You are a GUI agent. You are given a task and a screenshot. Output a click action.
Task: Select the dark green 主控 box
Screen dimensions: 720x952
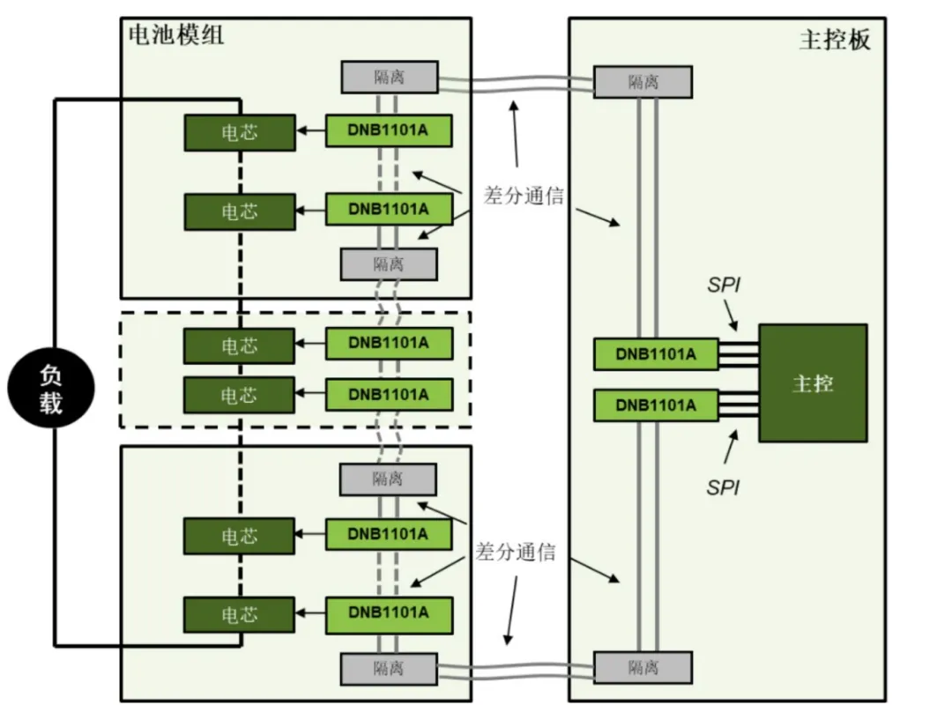pyautogui.click(x=813, y=382)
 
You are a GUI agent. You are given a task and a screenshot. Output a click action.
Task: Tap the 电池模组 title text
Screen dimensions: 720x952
pyautogui.click(x=176, y=34)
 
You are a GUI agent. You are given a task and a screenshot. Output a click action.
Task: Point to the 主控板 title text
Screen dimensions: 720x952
pyautogui.click(x=834, y=41)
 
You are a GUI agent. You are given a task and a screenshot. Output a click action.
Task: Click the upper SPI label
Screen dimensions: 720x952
pyautogui.click(x=724, y=286)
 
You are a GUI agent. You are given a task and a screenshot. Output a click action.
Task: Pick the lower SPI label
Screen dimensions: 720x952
pyautogui.click(x=723, y=487)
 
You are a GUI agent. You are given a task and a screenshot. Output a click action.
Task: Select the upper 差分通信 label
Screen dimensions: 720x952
pyautogui.click(x=523, y=196)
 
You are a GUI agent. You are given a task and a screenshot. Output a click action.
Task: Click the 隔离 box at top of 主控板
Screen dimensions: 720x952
pyautogui.click(x=643, y=82)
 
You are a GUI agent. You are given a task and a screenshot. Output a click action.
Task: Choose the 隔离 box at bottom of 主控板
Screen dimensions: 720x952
pyautogui.click(x=643, y=667)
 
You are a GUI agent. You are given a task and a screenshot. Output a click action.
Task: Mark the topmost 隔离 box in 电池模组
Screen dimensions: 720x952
pyautogui.click(x=389, y=77)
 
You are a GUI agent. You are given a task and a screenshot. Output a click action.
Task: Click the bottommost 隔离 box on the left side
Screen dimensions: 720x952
pyautogui.click(x=389, y=668)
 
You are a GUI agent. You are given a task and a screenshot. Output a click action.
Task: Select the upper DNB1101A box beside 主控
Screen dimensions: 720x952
pyautogui.click(x=656, y=354)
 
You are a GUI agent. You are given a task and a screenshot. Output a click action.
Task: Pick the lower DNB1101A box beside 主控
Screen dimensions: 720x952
pyautogui.click(x=656, y=405)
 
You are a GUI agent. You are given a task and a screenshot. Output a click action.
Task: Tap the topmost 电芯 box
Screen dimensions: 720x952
pyautogui.click(x=239, y=132)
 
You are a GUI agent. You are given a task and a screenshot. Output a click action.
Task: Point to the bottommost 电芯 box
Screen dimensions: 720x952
pyautogui.click(x=239, y=614)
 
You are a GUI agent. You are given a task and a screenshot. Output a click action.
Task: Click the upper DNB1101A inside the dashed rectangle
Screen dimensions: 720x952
pyautogui.click(x=389, y=343)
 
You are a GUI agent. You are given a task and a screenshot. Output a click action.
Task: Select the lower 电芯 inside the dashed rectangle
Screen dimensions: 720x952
pyautogui.click(x=239, y=395)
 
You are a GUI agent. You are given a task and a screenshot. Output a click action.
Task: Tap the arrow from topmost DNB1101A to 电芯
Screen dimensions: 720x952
pyautogui.click(x=309, y=131)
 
